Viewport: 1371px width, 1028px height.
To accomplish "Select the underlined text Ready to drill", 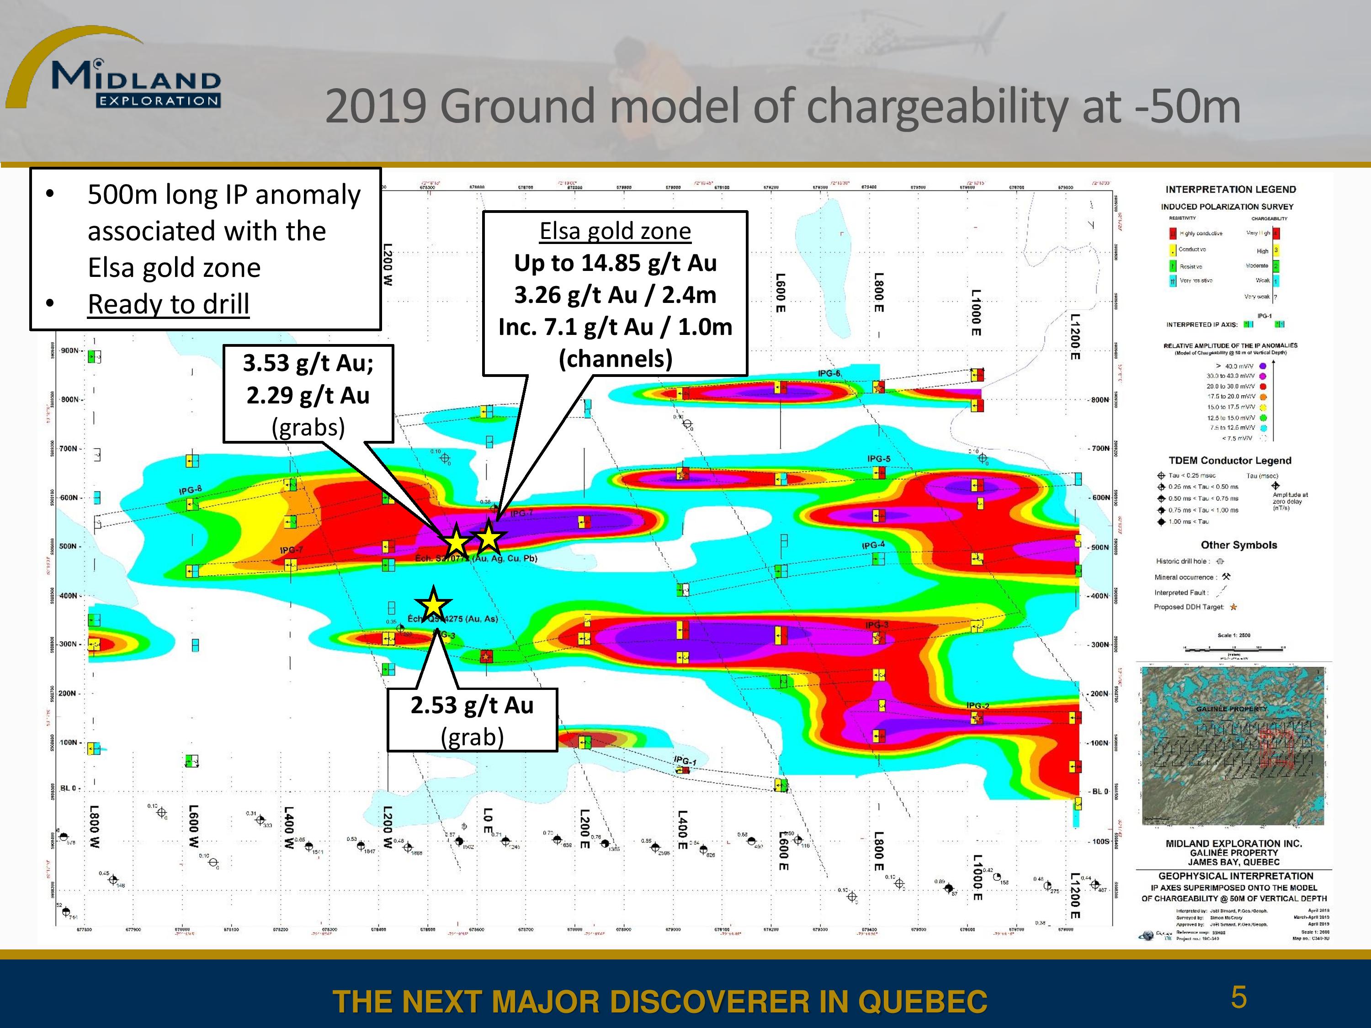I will [x=168, y=304].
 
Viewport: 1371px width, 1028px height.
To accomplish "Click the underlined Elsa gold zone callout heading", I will [x=615, y=231].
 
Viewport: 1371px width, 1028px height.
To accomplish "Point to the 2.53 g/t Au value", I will [x=472, y=705].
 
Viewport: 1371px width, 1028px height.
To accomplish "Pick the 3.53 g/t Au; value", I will [x=308, y=363].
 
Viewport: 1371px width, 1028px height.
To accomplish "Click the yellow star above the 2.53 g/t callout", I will [x=433, y=604].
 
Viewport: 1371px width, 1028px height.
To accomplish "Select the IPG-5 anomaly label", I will [x=878, y=459].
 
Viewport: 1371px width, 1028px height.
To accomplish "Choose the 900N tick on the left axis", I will [x=69, y=351].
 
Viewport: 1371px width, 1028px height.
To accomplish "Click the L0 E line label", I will [x=488, y=821].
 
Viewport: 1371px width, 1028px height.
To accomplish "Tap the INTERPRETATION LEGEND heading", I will [x=1230, y=190].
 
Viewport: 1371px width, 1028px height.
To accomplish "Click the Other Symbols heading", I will [x=1238, y=545].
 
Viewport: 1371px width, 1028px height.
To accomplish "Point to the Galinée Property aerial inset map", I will [x=1232, y=746].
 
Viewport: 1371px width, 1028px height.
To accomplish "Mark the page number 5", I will [x=1238, y=997].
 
